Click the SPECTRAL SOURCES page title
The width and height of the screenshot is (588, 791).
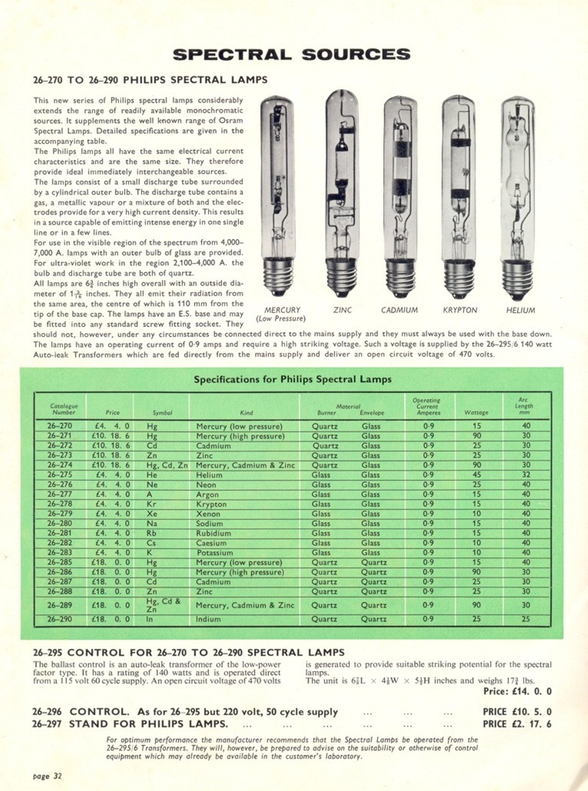click(291, 54)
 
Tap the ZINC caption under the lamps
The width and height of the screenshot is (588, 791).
click(342, 310)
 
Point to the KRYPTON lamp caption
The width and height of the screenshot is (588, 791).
click(460, 310)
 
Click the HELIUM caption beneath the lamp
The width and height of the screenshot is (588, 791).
click(520, 310)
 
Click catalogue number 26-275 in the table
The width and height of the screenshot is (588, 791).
click(60, 475)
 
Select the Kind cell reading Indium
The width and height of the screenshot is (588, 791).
click(208, 619)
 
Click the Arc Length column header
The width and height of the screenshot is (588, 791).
click(524, 406)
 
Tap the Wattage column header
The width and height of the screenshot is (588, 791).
click(476, 412)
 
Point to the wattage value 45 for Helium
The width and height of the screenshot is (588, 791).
click(477, 475)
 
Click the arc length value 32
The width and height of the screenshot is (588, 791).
click(526, 475)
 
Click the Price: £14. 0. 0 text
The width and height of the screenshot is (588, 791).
click(517, 691)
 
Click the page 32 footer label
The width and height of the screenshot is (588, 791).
click(47, 776)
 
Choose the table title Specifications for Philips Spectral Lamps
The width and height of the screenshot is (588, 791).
click(292, 379)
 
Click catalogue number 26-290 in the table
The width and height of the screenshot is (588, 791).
click(60, 619)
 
